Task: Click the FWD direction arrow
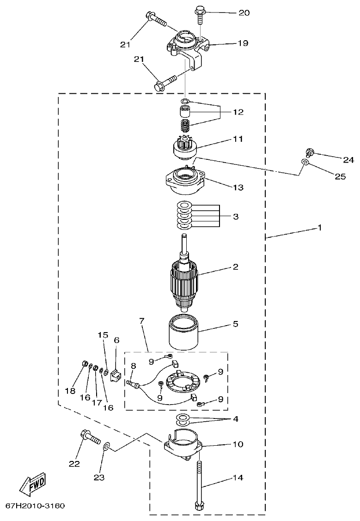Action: tap(32, 484)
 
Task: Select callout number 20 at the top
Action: tap(244, 13)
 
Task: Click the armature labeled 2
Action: tap(185, 282)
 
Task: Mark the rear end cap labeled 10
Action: tap(183, 443)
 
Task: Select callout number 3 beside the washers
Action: tap(236, 216)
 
